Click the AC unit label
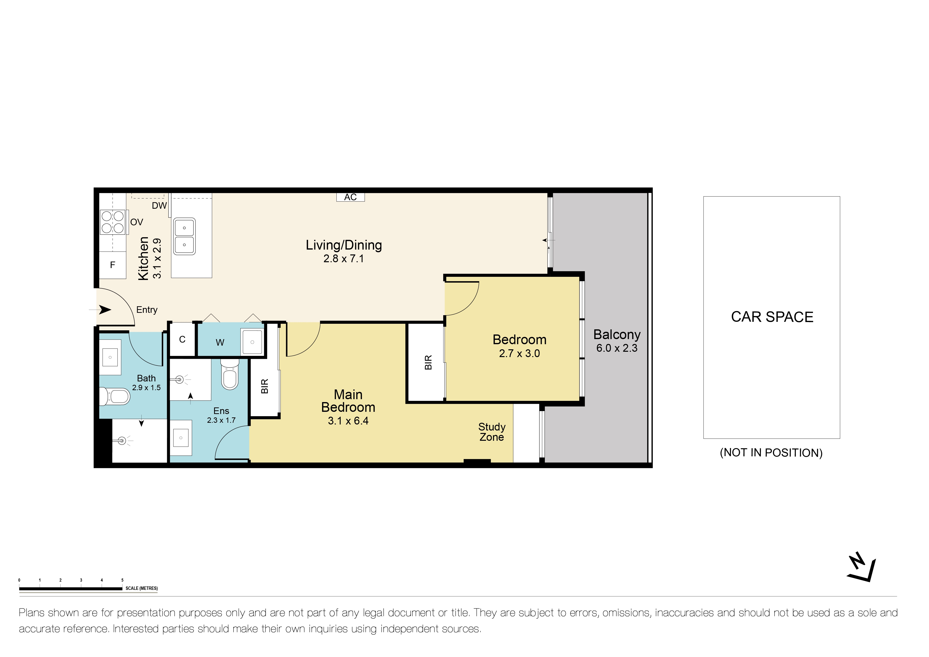(x=350, y=197)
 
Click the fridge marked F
(x=112, y=265)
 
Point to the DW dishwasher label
(x=159, y=206)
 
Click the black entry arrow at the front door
(x=104, y=310)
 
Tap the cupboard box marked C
(x=182, y=339)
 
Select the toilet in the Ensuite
(x=230, y=375)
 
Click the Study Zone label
(x=492, y=432)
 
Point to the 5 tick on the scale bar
(x=122, y=580)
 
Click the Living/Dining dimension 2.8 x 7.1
(x=343, y=259)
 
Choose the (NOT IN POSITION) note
(x=771, y=453)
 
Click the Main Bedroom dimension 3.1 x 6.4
(x=348, y=421)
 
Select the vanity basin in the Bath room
(x=110, y=358)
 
